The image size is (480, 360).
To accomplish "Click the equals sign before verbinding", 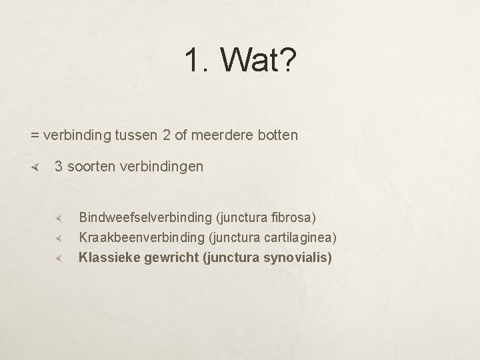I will click(35, 135).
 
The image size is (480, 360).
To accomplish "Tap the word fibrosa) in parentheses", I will click(294, 217).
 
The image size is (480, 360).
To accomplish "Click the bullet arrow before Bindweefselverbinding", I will click(59, 218).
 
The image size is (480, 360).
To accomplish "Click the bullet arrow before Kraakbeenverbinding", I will click(59, 238).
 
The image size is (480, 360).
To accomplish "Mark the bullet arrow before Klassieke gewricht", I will click(59, 258).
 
